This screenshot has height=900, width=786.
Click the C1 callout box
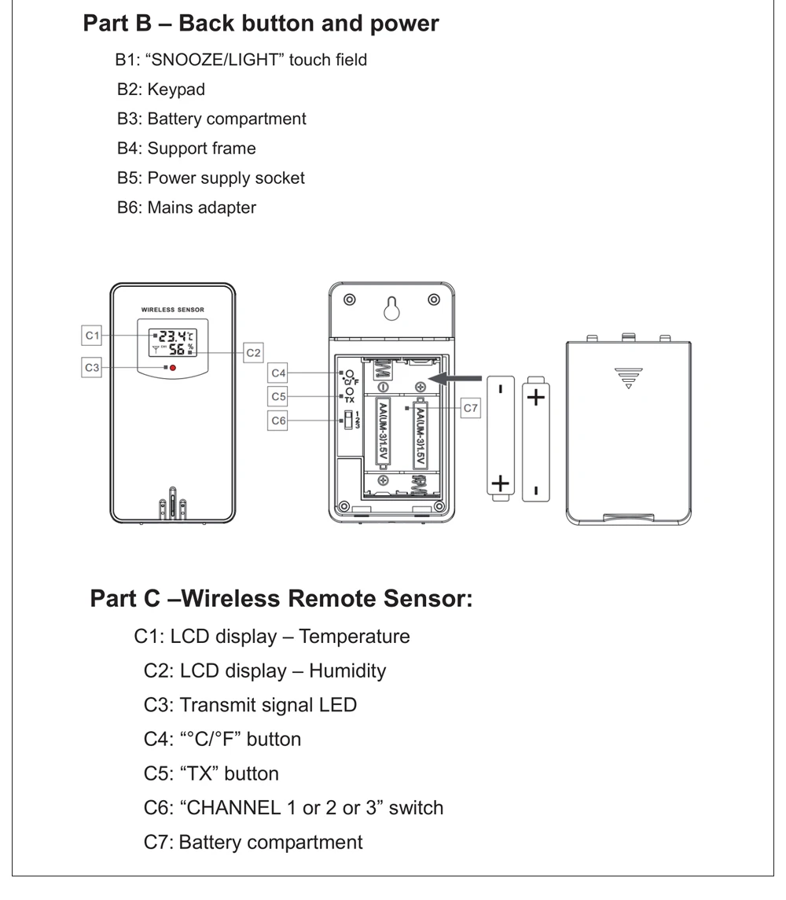(x=94, y=336)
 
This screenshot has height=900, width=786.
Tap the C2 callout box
(x=253, y=353)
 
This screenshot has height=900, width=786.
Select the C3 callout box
(x=94, y=366)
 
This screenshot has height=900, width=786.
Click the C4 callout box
(x=279, y=372)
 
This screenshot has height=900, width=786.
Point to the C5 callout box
(x=279, y=395)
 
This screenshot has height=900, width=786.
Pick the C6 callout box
(x=279, y=421)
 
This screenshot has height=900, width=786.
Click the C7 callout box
(x=470, y=408)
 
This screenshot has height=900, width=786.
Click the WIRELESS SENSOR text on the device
(x=172, y=310)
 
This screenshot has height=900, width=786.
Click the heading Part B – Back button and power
(x=261, y=23)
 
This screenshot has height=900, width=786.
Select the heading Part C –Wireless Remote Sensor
(x=281, y=599)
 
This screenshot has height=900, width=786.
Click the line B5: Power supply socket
(x=211, y=178)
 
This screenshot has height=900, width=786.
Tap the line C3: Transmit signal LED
(x=250, y=704)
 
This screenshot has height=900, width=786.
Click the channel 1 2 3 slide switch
(x=345, y=421)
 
